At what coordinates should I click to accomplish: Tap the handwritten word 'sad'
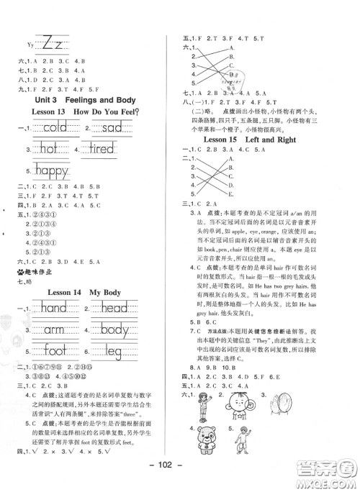(116, 128)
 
